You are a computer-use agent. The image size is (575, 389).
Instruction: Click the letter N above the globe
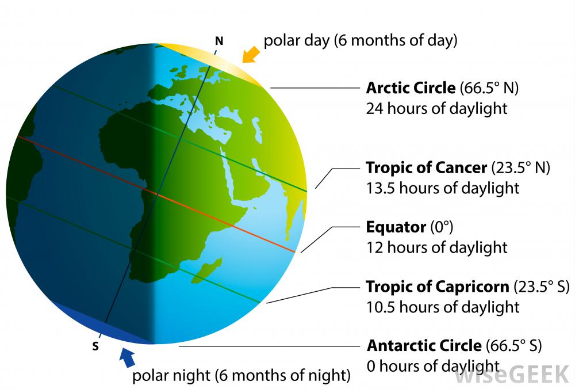[219, 41]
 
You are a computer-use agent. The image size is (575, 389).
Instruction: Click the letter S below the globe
[95, 346]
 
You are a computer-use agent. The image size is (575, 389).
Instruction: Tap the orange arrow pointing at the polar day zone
[251, 55]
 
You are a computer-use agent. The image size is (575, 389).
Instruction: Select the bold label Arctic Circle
[411, 88]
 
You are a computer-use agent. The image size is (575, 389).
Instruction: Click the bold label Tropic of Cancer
[427, 167]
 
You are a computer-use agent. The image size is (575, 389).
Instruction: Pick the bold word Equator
[396, 227]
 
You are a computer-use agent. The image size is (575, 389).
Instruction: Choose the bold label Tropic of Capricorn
[438, 287]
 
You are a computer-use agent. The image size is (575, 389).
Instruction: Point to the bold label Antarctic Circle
[424, 346]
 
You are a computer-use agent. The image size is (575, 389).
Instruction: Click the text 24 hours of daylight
[437, 109]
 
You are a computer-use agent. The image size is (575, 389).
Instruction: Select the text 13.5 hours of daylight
[443, 188]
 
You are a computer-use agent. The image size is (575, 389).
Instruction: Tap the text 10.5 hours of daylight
[443, 307]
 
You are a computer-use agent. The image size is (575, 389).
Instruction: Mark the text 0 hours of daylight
[433, 366]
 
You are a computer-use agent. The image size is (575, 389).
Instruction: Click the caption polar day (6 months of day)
[361, 40]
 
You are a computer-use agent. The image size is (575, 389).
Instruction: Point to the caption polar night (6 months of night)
[241, 375]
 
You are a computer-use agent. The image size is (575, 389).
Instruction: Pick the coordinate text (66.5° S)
[513, 346]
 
